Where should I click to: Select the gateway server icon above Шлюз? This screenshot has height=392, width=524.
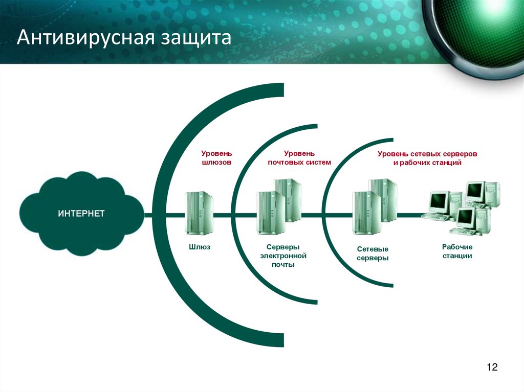click(x=199, y=213)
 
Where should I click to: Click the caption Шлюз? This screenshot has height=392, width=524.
click(x=200, y=247)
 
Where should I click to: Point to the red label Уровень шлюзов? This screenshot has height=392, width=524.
click(x=216, y=157)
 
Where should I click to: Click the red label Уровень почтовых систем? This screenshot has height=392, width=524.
click(x=299, y=157)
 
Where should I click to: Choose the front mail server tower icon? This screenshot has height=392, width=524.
click(x=270, y=212)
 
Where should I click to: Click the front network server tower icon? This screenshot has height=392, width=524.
click(x=366, y=213)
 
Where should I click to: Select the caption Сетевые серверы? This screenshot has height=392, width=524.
click(x=373, y=253)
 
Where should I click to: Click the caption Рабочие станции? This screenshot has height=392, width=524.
click(x=457, y=251)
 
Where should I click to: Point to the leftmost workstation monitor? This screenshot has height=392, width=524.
click(x=439, y=202)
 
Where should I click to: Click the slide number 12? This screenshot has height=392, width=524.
click(x=492, y=367)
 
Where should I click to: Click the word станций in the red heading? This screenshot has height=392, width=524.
click(x=446, y=163)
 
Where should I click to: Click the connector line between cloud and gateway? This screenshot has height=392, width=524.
click(x=149, y=215)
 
